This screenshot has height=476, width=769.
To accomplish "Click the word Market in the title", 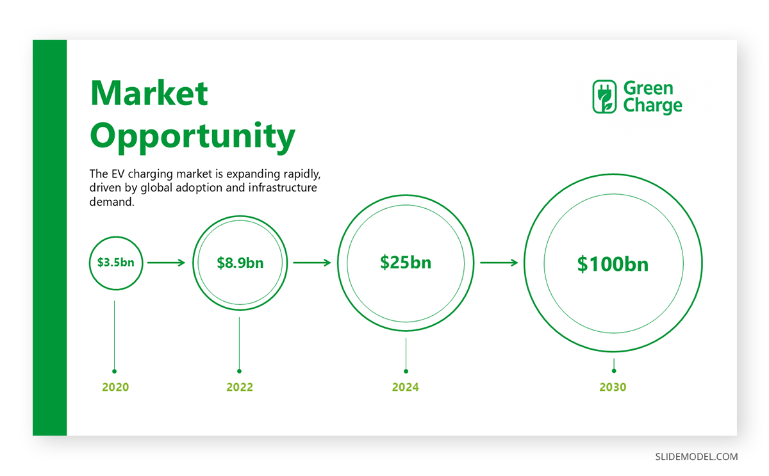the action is [x=149, y=93].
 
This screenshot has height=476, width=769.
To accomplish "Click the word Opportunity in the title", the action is [x=193, y=137].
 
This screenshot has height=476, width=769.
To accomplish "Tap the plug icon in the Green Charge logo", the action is [x=604, y=97].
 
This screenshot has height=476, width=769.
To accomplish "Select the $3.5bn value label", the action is [x=116, y=263].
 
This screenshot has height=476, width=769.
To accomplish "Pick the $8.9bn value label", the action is [x=240, y=263].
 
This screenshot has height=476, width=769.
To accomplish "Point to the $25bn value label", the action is [x=406, y=263].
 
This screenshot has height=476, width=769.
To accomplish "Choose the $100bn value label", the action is [x=613, y=264].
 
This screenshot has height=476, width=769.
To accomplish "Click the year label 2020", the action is [x=115, y=387].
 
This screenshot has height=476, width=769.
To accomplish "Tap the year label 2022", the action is [x=240, y=387].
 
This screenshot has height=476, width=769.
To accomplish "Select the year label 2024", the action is [x=406, y=387].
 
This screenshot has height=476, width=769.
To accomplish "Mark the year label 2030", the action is [x=613, y=387].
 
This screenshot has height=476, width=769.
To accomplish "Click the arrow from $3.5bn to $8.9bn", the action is [x=166, y=263].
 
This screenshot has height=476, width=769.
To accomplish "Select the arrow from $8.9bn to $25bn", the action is [x=311, y=263].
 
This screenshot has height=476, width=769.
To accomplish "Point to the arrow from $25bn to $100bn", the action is [x=499, y=263].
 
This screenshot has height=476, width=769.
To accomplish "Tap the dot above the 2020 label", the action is [x=114, y=372].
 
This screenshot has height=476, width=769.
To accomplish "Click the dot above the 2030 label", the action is [x=614, y=371].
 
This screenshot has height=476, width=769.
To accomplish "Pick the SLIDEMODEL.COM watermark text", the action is [x=696, y=457].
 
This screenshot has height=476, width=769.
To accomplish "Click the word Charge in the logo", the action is [x=652, y=106].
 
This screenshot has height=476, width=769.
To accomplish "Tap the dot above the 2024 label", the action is [x=406, y=372].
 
